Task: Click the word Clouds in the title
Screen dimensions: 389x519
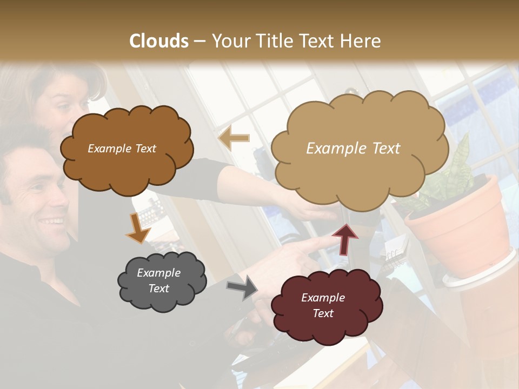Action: click(159, 41)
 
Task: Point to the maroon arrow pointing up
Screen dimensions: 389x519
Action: click(345, 238)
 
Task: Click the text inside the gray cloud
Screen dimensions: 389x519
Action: click(159, 280)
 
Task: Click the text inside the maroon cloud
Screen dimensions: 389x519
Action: click(323, 305)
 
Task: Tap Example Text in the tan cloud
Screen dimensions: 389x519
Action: click(353, 149)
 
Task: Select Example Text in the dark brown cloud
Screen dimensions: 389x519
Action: click(122, 149)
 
